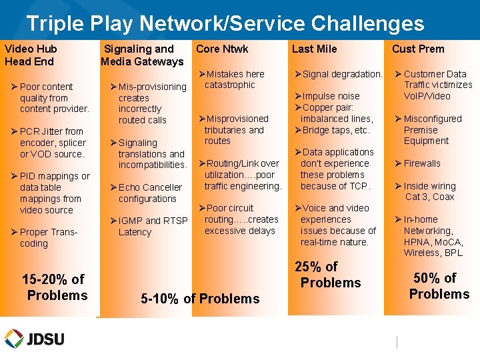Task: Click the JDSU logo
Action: (35, 338)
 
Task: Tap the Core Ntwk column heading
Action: (222, 49)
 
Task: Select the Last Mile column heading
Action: (314, 49)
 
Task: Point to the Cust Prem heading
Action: (417, 49)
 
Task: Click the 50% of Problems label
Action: (439, 286)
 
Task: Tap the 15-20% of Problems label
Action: (55, 287)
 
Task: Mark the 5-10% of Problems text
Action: (200, 299)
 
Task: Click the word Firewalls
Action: (422, 163)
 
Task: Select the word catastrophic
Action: (229, 85)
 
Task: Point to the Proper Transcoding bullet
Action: (49, 238)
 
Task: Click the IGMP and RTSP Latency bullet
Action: (153, 227)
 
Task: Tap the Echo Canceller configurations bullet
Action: (150, 193)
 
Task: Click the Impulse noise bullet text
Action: (331, 96)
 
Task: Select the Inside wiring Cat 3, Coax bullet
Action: (429, 191)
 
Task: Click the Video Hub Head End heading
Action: (31, 55)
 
